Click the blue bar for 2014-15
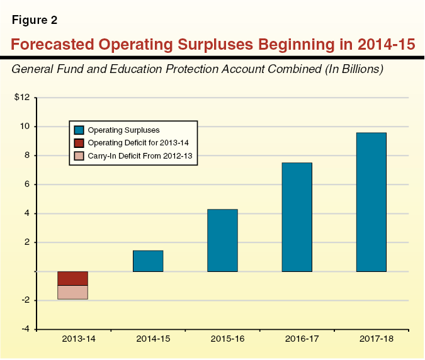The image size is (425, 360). (x=148, y=261)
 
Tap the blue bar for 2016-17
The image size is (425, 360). (x=297, y=217)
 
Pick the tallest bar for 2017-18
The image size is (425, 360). (x=371, y=202)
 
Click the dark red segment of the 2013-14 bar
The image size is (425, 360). (x=72, y=278)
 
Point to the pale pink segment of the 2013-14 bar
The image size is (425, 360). (x=72, y=292)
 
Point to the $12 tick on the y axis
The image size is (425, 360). (x=22, y=98)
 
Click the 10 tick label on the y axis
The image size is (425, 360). (x=25, y=127)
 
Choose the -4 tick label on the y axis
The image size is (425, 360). (x=25, y=329)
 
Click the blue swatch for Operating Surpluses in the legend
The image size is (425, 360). (x=79, y=130)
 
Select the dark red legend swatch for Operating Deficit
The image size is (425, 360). (x=79, y=143)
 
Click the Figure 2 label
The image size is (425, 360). (x=35, y=20)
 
